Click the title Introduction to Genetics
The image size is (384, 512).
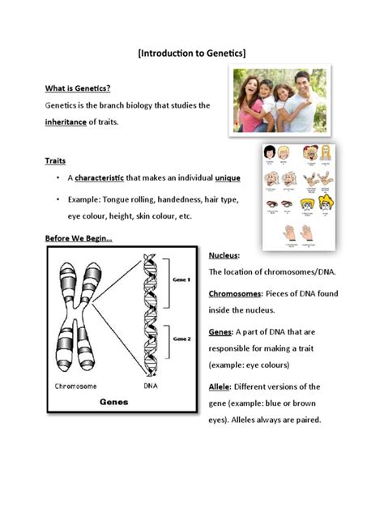(192, 53)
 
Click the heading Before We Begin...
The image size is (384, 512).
(79, 238)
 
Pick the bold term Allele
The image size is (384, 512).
(221, 386)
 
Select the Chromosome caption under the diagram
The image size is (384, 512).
(78, 386)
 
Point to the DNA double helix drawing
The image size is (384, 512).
(151, 316)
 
